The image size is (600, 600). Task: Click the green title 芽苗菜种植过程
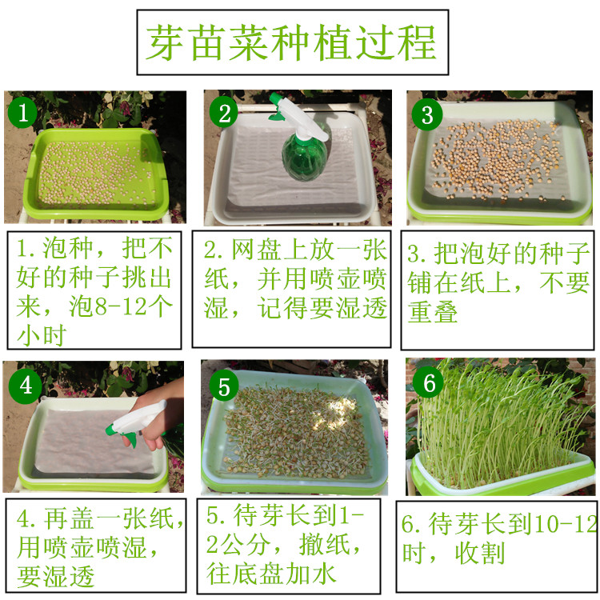(291, 42)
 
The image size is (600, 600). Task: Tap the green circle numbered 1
(22, 113)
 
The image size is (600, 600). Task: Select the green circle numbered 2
(224, 114)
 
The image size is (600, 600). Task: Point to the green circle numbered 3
(427, 114)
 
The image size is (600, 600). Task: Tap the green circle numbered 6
(428, 382)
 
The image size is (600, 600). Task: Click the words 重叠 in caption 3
(432, 311)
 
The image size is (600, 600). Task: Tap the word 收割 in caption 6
(480, 553)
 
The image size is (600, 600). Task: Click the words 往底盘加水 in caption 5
(271, 574)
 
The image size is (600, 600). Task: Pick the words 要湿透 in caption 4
(55, 576)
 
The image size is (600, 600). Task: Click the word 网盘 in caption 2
(256, 250)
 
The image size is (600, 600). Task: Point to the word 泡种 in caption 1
(68, 248)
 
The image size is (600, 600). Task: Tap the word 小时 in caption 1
(42, 335)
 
